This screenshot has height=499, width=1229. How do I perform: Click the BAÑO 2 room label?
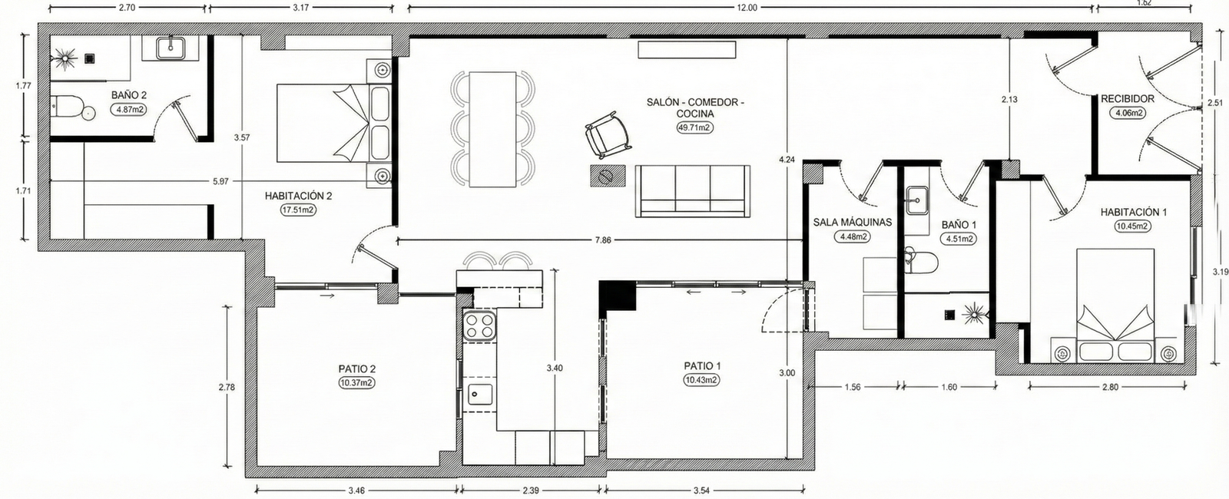(129, 95)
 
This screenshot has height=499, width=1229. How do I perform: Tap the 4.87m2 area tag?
(129, 109)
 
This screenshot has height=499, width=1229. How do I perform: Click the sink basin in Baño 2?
(170, 48)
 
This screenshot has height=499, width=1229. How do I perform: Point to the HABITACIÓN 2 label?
(299, 196)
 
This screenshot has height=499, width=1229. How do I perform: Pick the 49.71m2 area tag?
(694, 127)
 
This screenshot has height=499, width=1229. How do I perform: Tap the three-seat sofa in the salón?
(693, 191)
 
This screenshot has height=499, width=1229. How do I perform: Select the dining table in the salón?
(492, 130)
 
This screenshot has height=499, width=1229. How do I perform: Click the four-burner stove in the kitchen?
(480, 326)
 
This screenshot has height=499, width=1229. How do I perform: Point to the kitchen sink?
(480, 395)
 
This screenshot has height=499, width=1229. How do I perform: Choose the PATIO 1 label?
(702, 365)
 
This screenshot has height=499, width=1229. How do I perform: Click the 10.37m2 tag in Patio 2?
(356, 383)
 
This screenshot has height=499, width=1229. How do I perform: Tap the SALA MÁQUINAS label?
(852, 223)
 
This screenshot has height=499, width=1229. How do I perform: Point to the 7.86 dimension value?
(603, 240)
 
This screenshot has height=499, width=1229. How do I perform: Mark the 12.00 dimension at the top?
(747, 8)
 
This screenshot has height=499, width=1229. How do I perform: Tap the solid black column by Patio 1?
(617, 297)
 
